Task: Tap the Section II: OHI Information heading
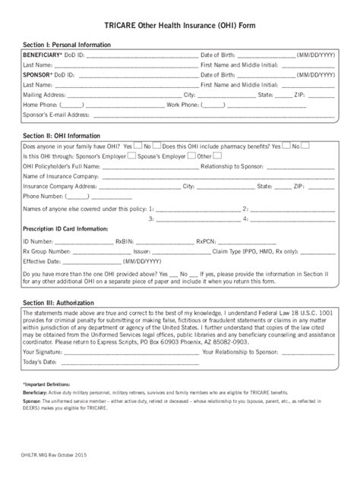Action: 60,136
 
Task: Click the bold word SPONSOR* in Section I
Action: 38,75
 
